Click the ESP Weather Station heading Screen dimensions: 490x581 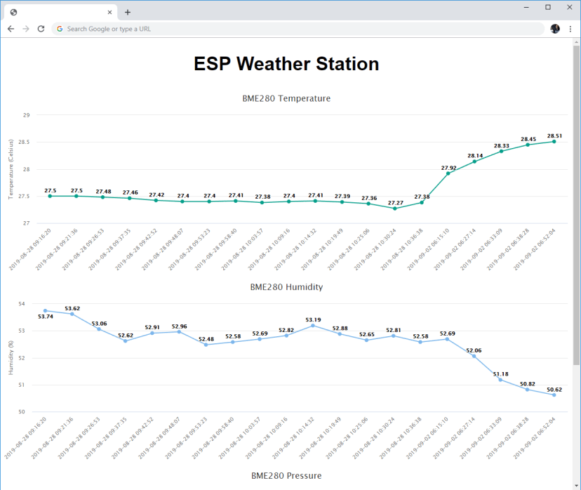pos(286,64)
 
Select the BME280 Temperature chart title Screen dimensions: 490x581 pos(286,98)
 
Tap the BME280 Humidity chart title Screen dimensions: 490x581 pos(286,287)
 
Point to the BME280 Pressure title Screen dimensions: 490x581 pos(286,475)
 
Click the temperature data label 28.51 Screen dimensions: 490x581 pos(554,135)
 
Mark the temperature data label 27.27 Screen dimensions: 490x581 pos(395,202)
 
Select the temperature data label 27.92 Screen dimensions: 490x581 pos(448,168)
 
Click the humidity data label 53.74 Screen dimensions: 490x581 pos(46,317)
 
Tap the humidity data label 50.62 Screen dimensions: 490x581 pos(554,389)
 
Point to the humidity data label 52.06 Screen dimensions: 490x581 pos(474,350)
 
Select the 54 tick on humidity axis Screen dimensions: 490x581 pos(21,304)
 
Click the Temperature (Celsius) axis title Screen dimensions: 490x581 pos(11,168)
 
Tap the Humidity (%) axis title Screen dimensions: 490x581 pos(11,358)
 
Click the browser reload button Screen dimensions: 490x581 pos(41,29)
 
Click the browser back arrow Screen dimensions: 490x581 pos(11,29)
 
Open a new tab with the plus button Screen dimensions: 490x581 pos(128,12)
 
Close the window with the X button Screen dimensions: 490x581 pos(568,6)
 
